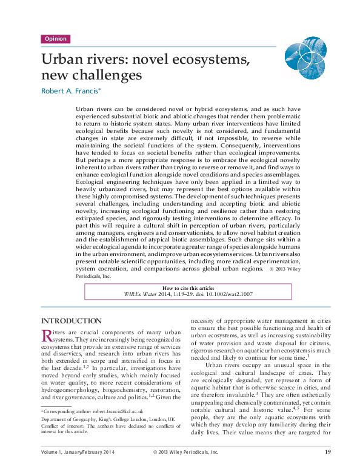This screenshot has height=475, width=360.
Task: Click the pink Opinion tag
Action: point(55,39)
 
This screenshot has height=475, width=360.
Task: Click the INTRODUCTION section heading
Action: point(71,320)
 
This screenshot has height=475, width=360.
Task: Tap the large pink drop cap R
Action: point(46,335)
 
